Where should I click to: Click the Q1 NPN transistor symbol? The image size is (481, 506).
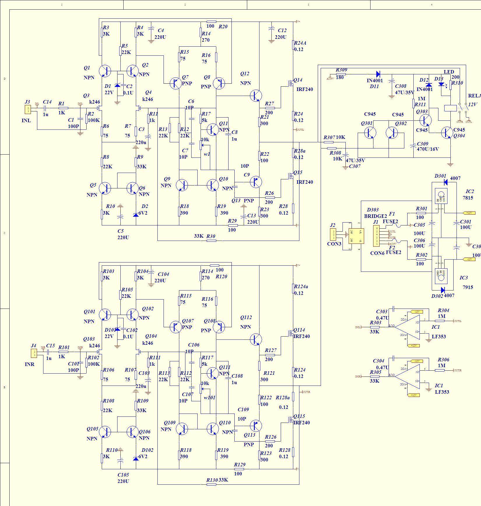[105, 71]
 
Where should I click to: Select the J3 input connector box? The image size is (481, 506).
[28, 110]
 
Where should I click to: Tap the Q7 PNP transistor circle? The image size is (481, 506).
[176, 83]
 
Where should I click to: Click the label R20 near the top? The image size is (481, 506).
[223, 27]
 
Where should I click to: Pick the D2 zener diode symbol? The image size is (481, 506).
[136, 215]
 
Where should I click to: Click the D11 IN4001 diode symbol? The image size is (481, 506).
[378, 74]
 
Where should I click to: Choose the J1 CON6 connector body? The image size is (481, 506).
[376, 236]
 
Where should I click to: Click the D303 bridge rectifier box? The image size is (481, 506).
[356, 236]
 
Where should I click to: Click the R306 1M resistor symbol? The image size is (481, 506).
[440, 370]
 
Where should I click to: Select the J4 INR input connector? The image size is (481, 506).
[34, 353]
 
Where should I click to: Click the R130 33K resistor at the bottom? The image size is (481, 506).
[211, 484]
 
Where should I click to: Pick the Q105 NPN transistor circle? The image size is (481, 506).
[105, 432]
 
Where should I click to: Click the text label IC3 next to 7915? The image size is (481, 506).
[464, 278]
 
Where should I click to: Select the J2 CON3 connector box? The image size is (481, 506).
[333, 234]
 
